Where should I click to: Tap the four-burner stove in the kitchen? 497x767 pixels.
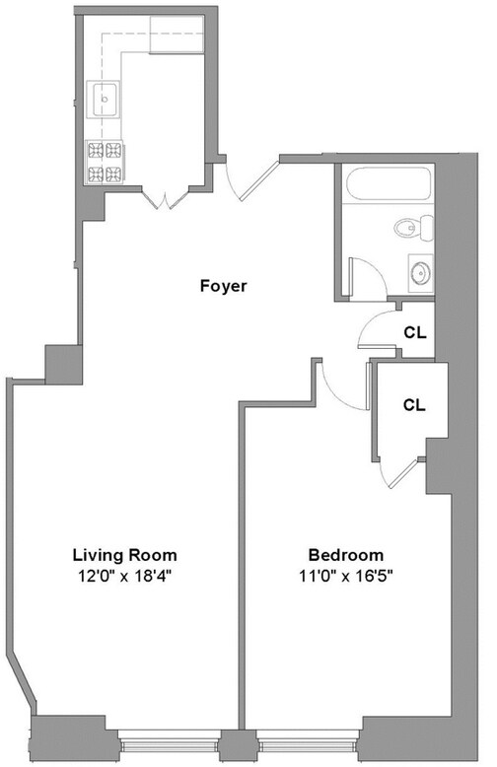[x=104, y=164]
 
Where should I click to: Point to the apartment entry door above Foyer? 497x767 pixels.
[x=247, y=179]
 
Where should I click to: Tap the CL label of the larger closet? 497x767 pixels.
[x=415, y=404]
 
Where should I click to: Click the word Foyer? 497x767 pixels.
[x=222, y=287]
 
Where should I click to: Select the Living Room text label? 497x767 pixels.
[x=124, y=554]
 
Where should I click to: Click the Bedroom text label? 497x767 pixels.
[x=345, y=554]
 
